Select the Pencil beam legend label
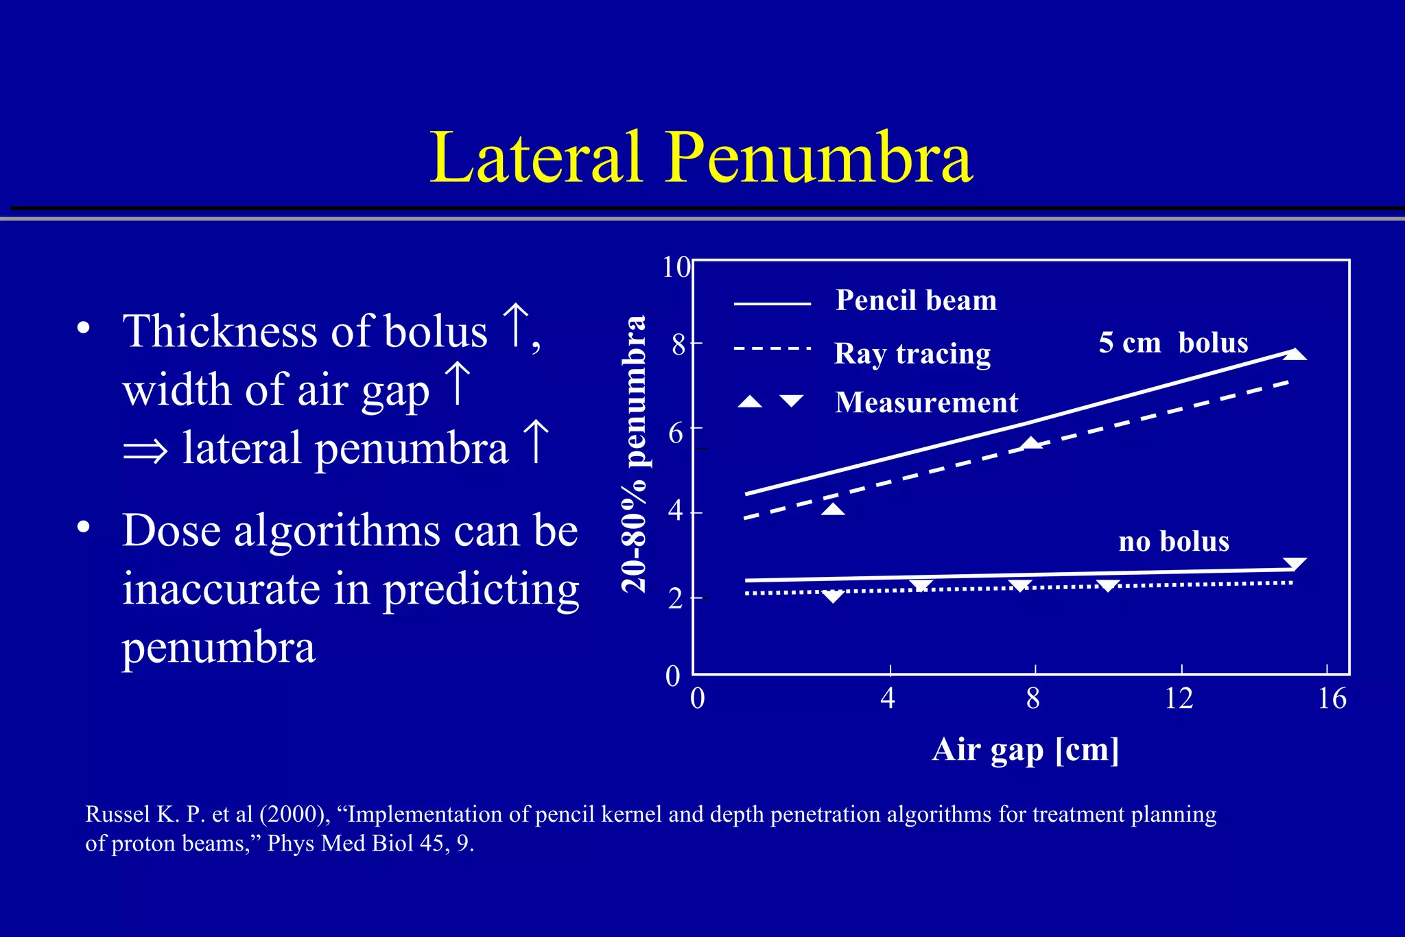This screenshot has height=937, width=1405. pos(916,300)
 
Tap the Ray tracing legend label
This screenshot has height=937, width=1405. pos(912,354)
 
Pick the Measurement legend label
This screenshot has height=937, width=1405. pos(926,403)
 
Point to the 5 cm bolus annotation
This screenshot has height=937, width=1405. pos(1173,342)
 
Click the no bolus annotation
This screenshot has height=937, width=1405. pos(1174,542)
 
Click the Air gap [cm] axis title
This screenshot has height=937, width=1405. pos(1026,749)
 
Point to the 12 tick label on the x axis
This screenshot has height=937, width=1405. pos(1179,698)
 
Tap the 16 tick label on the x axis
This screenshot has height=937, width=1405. pos(1332,698)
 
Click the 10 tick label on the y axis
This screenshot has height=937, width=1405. pos(676,267)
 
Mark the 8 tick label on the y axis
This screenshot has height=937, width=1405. pos(678,344)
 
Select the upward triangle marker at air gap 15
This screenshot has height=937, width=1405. pos(1295,354)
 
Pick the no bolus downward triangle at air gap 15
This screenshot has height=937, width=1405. pos(1295,565)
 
